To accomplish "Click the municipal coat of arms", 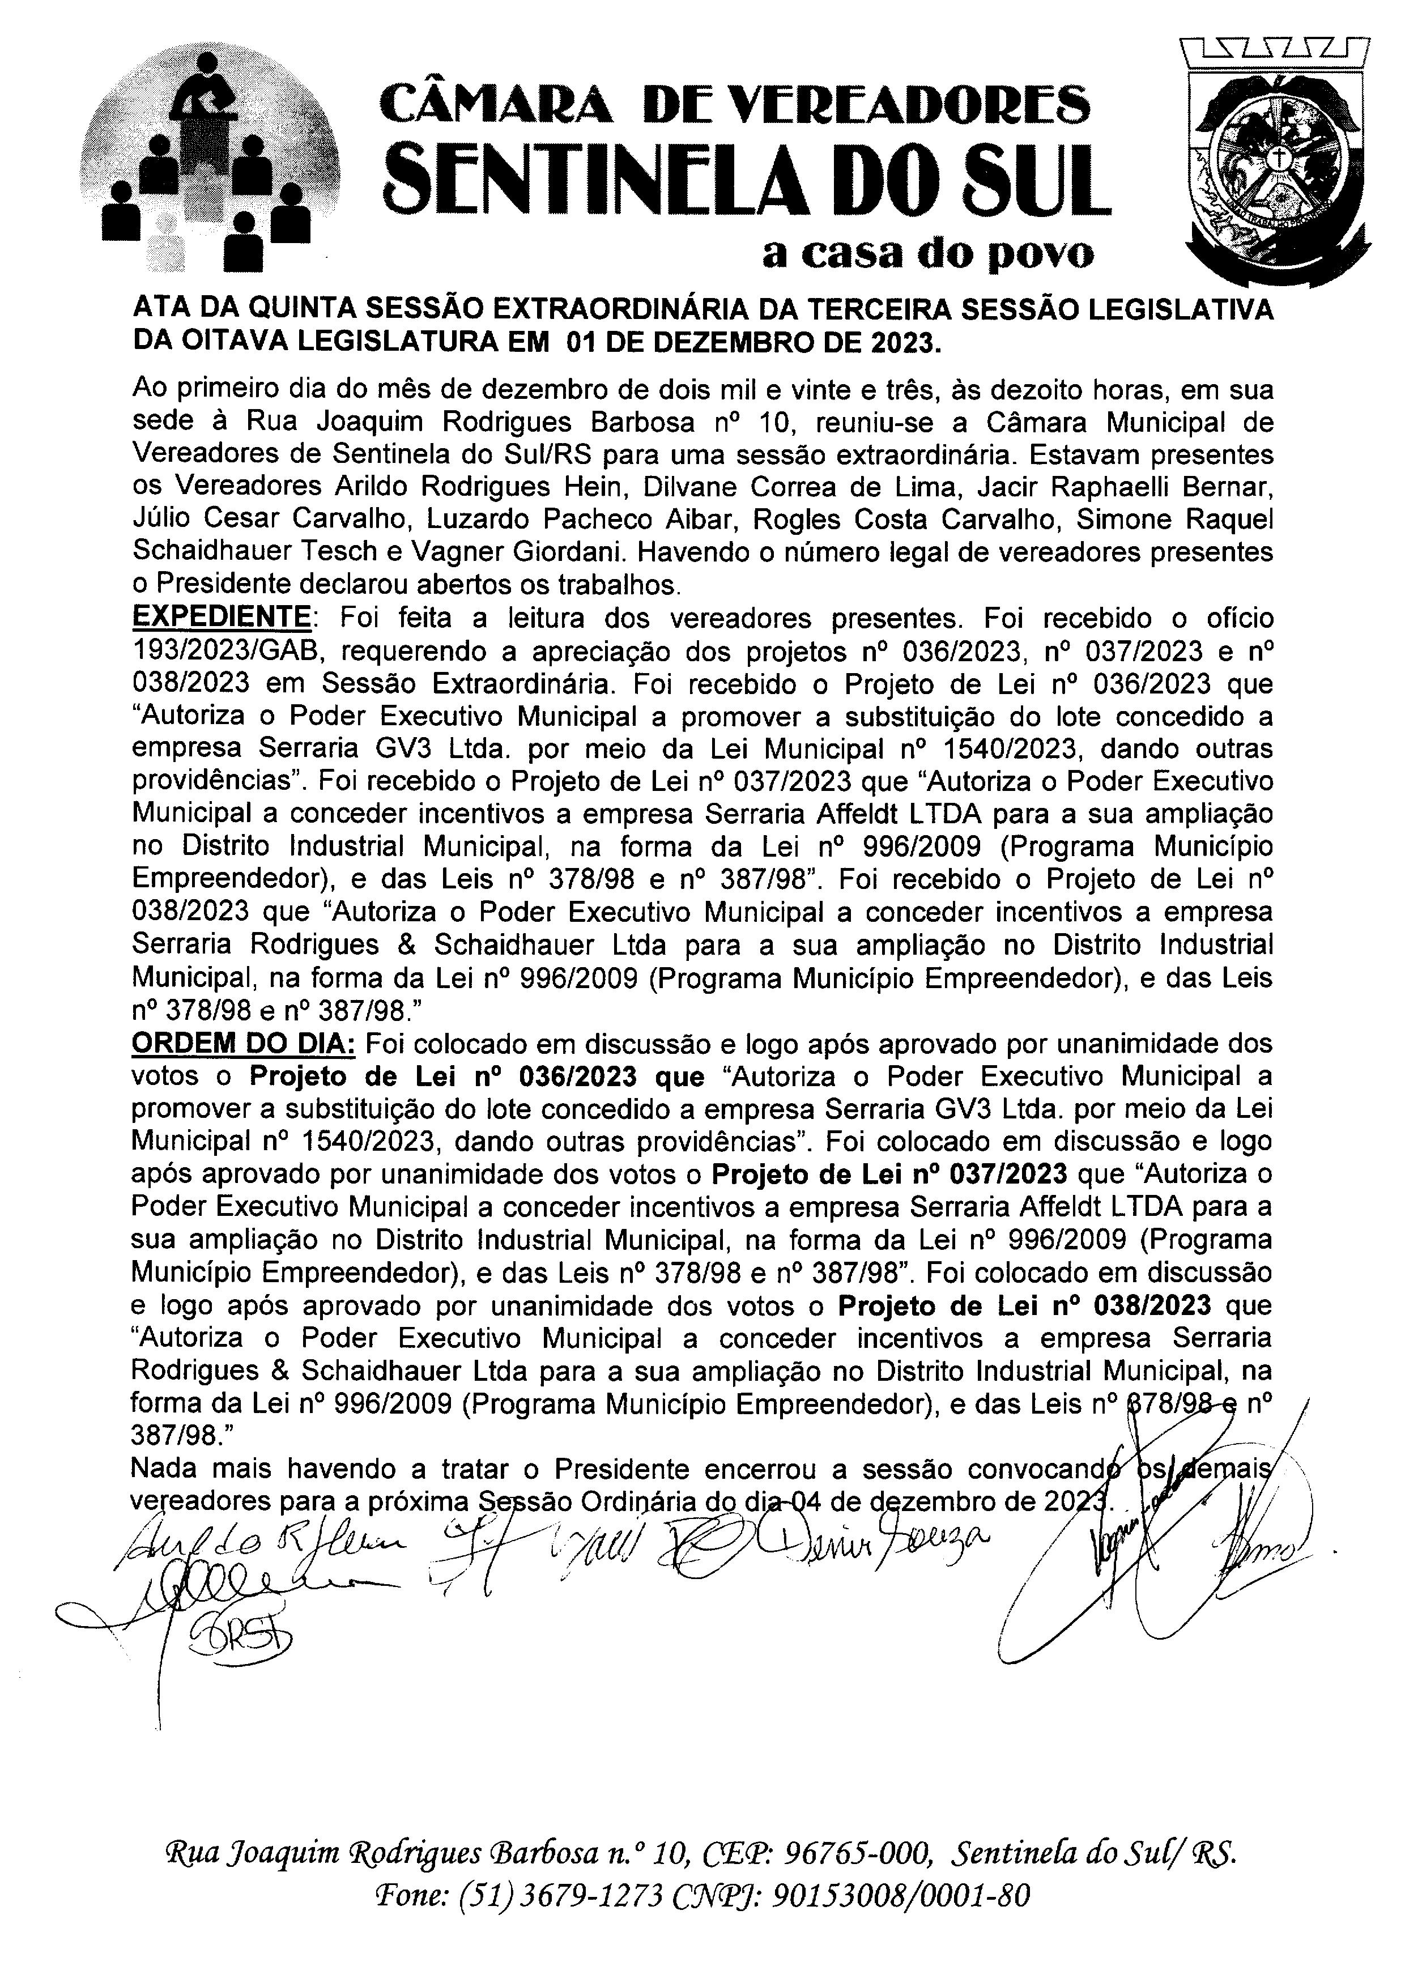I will click(1279, 160).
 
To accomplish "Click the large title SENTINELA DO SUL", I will click(749, 182).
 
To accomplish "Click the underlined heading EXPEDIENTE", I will click(220, 618).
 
